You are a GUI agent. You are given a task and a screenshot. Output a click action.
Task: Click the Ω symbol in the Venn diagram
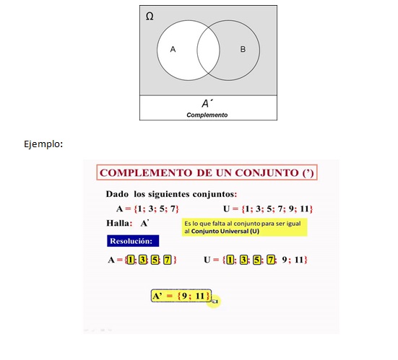coord(150,15)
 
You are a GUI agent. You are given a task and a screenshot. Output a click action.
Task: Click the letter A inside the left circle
coord(173,49)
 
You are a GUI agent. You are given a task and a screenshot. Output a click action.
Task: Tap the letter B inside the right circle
coord(243,49)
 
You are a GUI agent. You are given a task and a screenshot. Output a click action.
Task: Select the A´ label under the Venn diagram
coord(207,103)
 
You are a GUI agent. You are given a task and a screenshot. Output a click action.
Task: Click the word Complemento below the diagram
coord(207,115)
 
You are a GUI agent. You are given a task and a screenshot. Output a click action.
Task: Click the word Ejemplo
coord(43,144)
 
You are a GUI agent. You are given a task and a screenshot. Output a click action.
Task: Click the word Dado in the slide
coord(117,194)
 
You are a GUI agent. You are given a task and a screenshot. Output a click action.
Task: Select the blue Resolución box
coord(134,240)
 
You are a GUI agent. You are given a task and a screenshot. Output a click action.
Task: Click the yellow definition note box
coord(246,227)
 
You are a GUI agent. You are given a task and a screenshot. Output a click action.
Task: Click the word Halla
coord(118,224)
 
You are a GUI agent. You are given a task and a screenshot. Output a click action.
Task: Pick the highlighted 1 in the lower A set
coord(131,259)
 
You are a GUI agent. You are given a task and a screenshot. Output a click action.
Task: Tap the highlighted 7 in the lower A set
coord(168,259)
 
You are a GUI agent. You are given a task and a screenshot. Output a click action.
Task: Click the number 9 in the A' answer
coord(186,296)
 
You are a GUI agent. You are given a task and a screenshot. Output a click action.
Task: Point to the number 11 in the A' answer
coord(201,296)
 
